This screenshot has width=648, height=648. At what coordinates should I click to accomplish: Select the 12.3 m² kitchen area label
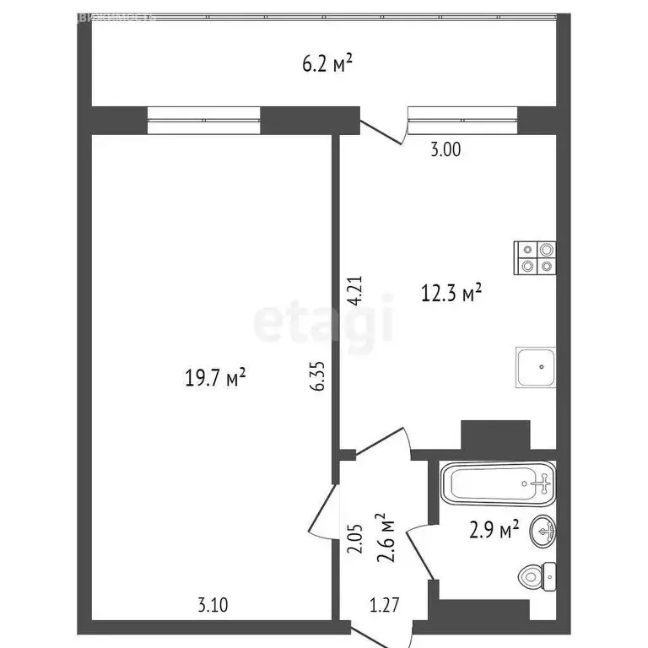pyautogui.click(x=451, y=293)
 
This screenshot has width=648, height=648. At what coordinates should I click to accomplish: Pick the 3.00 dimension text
pyautogui.click(x=445, y=150)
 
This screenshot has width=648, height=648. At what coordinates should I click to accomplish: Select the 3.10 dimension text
pyautogui.click(x=211, y=604)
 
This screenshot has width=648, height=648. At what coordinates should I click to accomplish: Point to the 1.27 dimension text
pyautogui.click(x=384, y=604)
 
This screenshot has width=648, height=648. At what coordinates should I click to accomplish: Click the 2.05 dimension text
pyautogui.click(x=357, y=537)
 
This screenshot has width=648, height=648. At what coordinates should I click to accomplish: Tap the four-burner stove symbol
pyautogui.click(x=536, y=257)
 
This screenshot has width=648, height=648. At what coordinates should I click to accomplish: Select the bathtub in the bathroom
pyautogui.click(x=498, y=483)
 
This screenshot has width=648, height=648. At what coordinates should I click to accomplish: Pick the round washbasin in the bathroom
pyautogui.click(x=543, y=531)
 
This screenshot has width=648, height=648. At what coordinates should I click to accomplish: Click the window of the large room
pyautogui.click(x=203, y=119)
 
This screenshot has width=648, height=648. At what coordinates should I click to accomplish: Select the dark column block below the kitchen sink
pyautogui.click(x=494, y=435)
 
